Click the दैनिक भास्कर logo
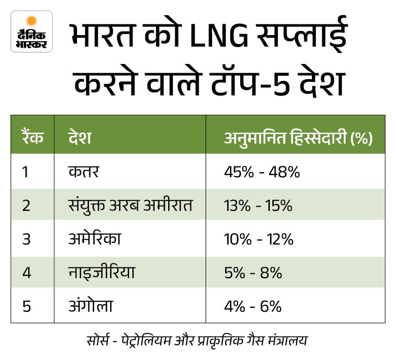(x=31, y=31)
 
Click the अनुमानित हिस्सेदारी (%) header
(x=298, y=138)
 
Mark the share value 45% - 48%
(x=262, y=172)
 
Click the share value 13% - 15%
(x=258, y=206)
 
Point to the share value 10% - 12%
(x=258, y=239)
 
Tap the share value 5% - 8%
(x=253, y=273)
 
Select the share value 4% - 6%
(x=253, y=306)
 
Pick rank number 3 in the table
(x=25, y=239)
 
